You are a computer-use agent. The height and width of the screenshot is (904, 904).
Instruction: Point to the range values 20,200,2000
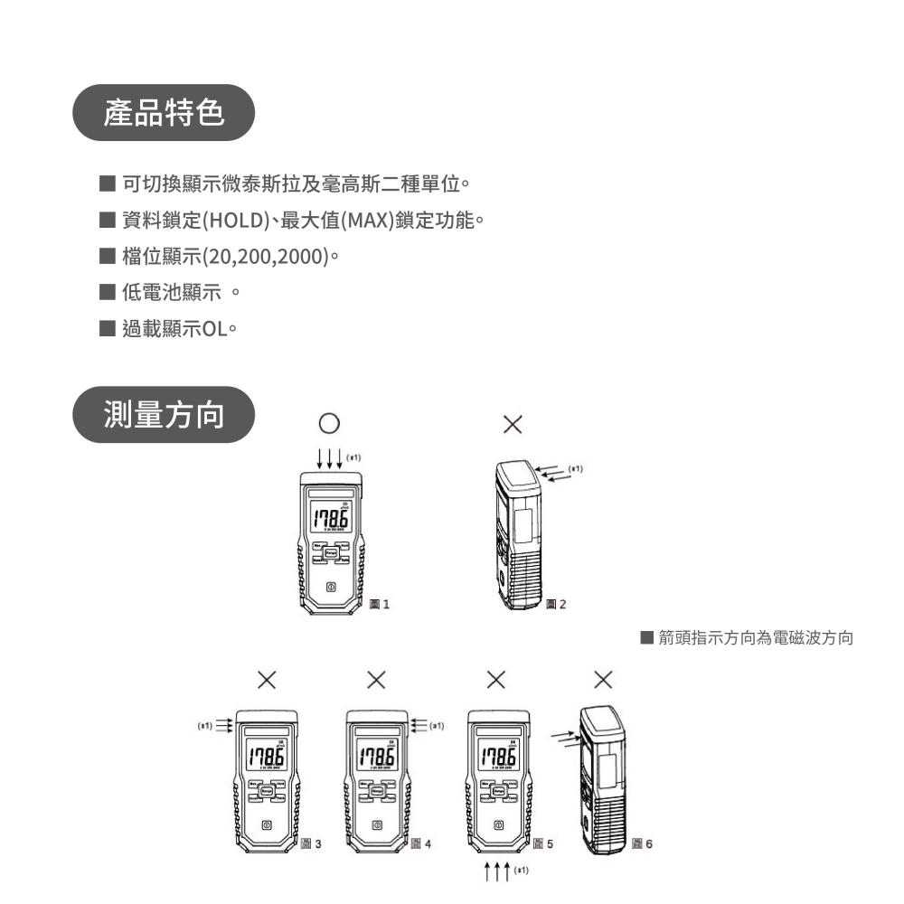266,256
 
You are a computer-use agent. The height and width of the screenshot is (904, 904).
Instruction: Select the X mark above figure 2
512,424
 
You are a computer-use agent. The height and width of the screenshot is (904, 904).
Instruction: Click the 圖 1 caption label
380,604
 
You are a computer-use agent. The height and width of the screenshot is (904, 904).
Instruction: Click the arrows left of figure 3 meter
223,726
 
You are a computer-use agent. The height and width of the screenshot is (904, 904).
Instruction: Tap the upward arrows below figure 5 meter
497,872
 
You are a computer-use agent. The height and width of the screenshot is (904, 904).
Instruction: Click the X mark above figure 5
495,679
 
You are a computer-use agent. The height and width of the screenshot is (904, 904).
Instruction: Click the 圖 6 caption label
641,843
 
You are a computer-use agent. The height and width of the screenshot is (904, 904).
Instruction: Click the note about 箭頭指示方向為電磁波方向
747,638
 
